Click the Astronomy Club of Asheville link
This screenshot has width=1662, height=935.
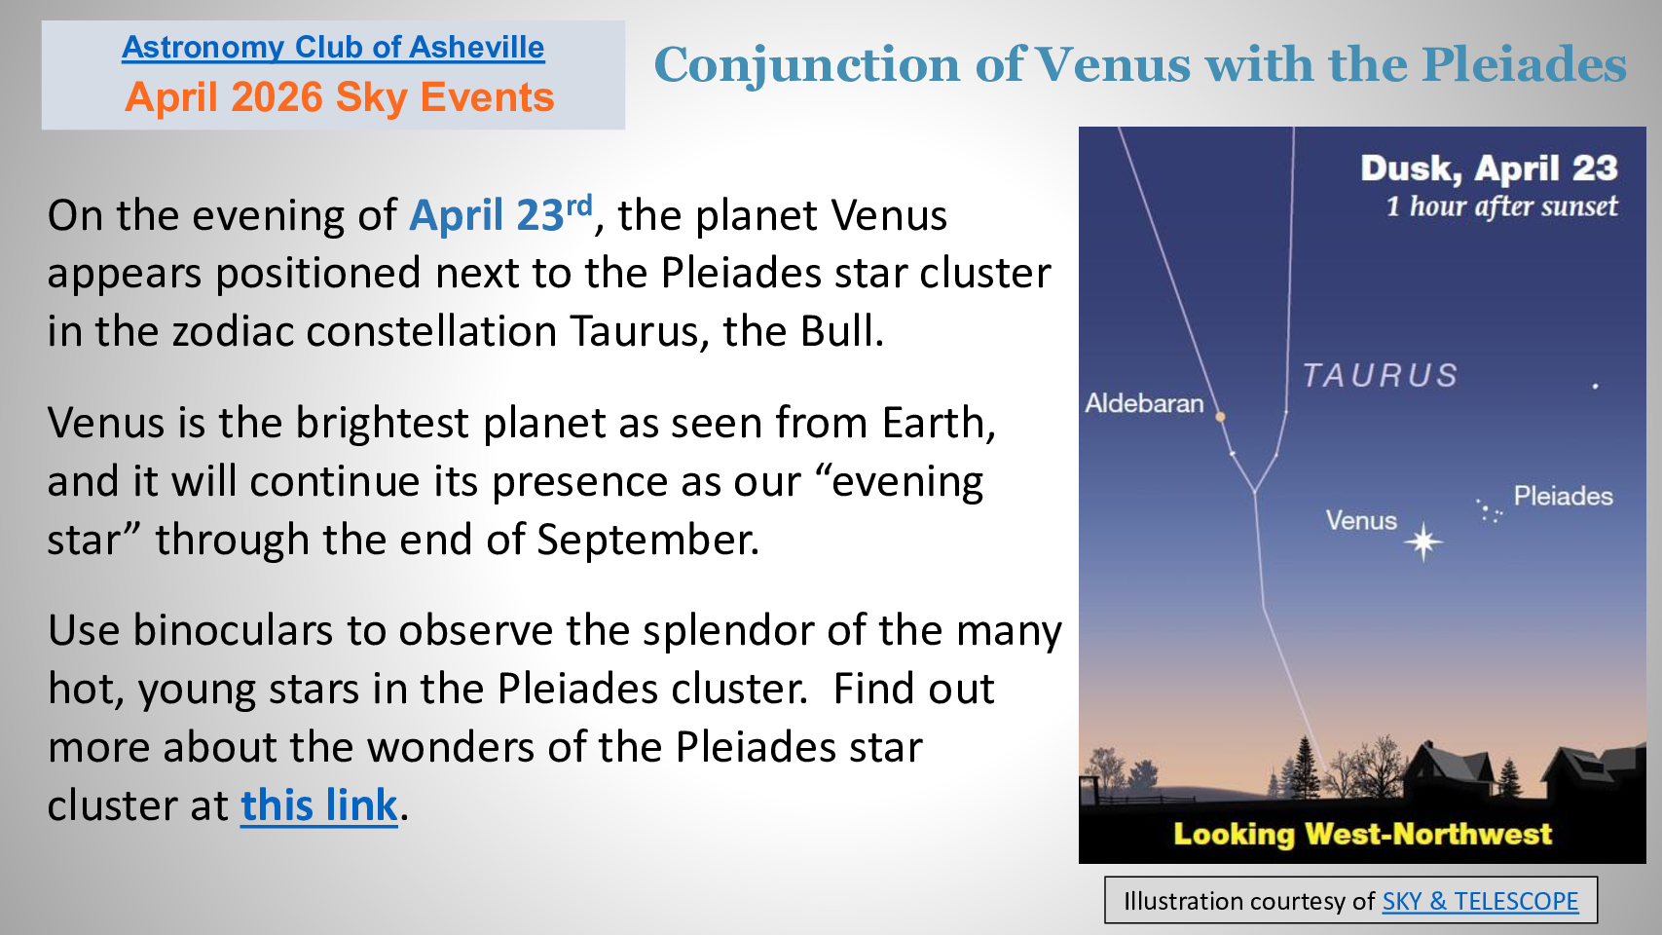333,48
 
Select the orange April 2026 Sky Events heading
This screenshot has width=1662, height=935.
339,97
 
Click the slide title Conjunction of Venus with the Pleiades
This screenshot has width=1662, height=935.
1140,65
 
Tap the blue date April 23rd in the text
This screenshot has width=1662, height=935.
500,214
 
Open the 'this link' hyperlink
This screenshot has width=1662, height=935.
319,805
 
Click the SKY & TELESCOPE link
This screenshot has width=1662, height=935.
1480,901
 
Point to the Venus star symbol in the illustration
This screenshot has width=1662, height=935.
1423,542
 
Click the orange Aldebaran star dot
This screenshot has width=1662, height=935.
1220,417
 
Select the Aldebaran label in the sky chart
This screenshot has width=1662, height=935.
1144,403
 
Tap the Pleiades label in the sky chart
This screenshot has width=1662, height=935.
1564,496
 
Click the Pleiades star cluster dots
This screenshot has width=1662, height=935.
1489,510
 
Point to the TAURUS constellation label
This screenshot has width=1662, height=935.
1380,376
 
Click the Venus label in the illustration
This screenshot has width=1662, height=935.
1361,520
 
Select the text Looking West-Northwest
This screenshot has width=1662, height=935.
1362,834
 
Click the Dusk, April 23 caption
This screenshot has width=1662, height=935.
1489,168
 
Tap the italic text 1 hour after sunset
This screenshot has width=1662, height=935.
1501,206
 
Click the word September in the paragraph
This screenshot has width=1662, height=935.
647,540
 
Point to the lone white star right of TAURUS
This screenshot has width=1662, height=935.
1595,386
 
